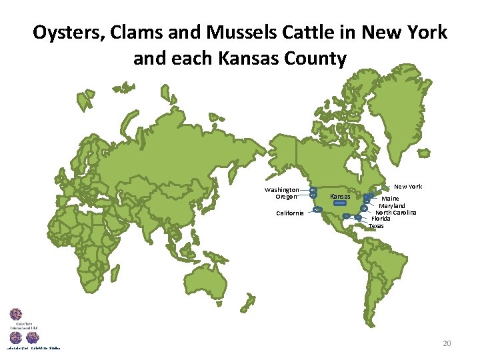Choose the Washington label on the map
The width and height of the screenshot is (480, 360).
(281, 190)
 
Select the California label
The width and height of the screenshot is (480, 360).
(290, 213)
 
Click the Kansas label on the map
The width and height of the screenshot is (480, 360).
(340, 197)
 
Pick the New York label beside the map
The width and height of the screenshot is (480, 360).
(407, 187)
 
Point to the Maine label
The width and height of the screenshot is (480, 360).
(390, 199)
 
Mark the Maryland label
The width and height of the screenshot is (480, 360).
(392, 205)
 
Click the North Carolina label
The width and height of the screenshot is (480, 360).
(395, 212)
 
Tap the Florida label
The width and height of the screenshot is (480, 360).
(381, 219)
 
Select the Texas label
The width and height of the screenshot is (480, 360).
(376, 226)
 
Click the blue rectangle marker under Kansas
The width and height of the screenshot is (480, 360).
(340, 204)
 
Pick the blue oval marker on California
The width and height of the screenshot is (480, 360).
(317, 209)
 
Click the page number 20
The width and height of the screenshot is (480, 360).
(447, 343)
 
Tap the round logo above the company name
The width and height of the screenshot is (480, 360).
(15, 315)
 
